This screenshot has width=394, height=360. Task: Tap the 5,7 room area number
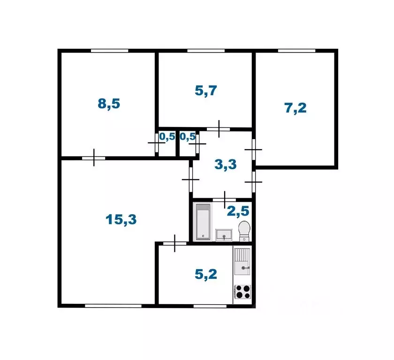click(x=205, y=90)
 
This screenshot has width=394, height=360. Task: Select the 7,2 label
click(x=295, y=108)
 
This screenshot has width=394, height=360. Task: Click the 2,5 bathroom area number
click(x=237, y=211)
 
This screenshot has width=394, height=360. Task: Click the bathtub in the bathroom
click(x=203, y=222)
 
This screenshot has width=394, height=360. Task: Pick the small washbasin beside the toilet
click(x=224, y=234)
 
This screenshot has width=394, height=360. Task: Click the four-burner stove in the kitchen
click(x=242, y=292)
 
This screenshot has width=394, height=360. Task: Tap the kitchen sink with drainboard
click(x=242, y=262)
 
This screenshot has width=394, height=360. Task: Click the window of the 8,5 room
click(x=109, y=51)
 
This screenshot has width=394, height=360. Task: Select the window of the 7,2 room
click(x=295, y=51)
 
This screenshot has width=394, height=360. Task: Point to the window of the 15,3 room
click(x=113, y=306)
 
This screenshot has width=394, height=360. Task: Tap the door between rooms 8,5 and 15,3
click(x=94, y=158)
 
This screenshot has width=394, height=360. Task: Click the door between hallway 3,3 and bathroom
click(x=225, y=199)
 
